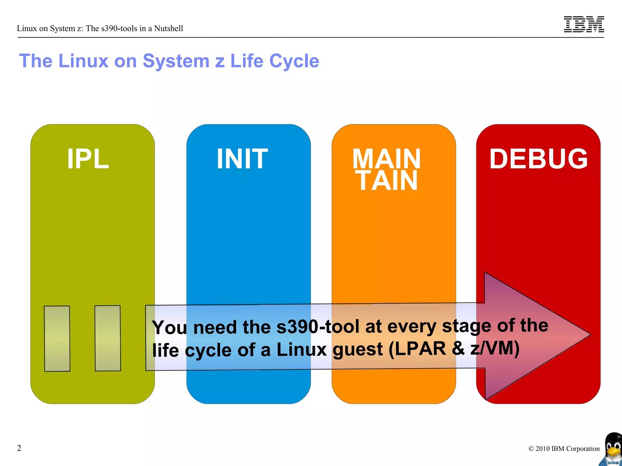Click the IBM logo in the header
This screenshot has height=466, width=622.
pyautogui.click(x=584, y=24)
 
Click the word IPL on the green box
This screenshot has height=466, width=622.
pyautogui.click(x=88, y=159)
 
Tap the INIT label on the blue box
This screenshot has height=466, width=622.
pyautogui.click(x=242, y=159)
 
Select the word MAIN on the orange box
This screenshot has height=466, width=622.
pyautogui.click(x=386, y=159)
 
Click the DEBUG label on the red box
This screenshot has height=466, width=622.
pyautogui.click(x=538, y=159)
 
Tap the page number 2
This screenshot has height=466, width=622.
pyautogui.click(x=19, y=448)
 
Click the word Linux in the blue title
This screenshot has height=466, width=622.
pyautogui.click(x=83, y=61)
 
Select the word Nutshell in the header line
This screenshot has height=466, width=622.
pyautogui.click(x=169, y=29)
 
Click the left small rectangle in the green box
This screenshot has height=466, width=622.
pyautogui.click(x=57, y=339)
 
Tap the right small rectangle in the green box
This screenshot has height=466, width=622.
pyautogui.click(x=108, y=338)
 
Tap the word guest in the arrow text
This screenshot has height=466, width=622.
pyautogui.click(x=357, y=349)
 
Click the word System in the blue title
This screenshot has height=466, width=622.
pyautogui.click(x=176, y=61)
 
